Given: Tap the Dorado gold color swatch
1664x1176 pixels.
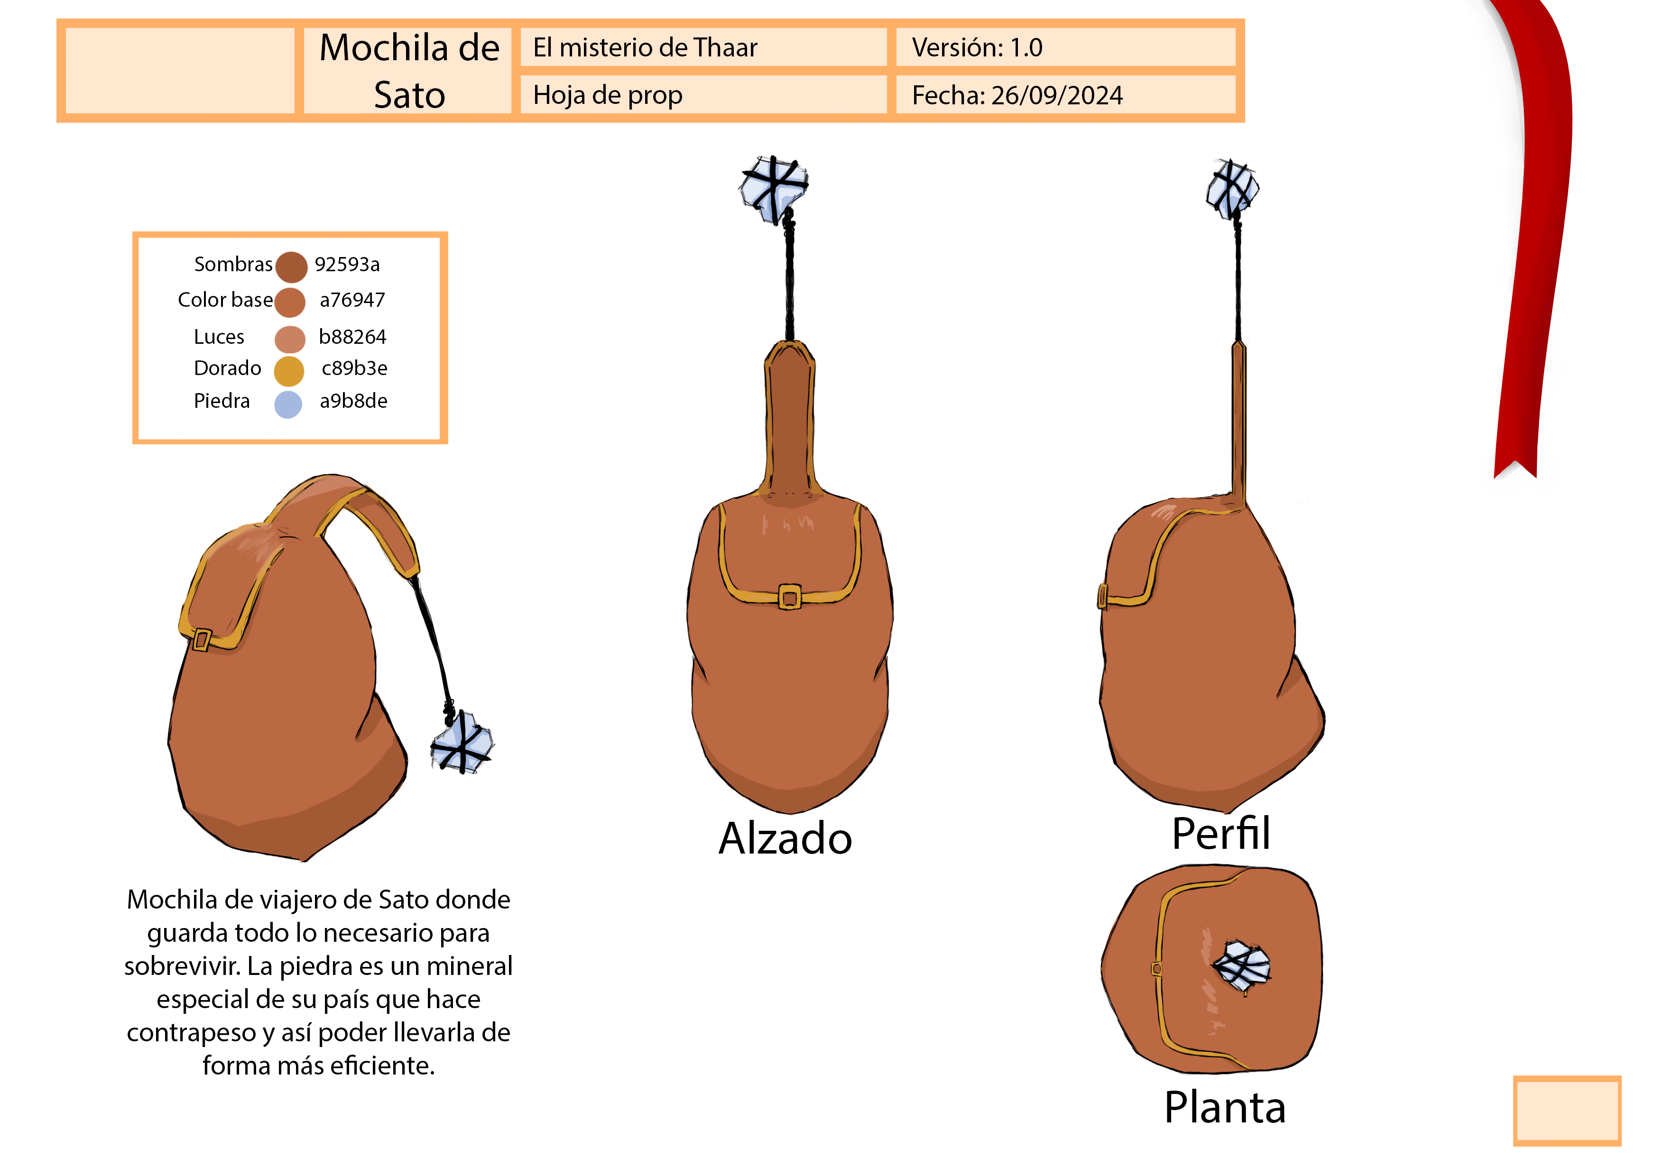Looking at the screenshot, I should point(288,371).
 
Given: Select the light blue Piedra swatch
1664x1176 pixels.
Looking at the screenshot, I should point(288,404).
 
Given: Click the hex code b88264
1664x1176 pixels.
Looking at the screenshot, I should point(352,337).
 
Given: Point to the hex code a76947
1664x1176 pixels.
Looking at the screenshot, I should point(352,300).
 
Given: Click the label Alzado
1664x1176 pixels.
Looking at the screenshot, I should point(785,839).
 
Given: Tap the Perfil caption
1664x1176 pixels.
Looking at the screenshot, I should point(1220,833).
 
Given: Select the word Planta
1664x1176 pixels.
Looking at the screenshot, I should point(1225,1107).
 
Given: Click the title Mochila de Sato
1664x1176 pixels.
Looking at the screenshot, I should point(409,71).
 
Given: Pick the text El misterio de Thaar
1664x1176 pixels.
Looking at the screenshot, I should point(645,48).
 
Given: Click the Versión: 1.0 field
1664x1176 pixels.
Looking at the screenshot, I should point(977,48).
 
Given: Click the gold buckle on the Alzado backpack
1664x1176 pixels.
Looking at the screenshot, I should point(789,598).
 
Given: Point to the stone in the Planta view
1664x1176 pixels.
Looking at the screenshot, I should point(1241,965).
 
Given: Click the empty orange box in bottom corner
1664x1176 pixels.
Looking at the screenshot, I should point(1567,1110).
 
